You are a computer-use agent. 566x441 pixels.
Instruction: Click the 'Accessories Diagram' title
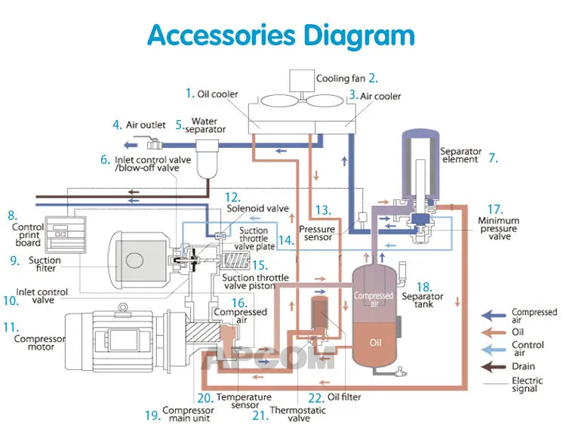tap(281, 35)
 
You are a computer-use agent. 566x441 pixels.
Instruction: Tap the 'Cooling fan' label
tap(341, 79)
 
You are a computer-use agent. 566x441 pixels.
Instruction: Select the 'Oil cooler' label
tap(217, 94)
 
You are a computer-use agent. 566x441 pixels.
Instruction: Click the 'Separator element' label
tap(460, 155)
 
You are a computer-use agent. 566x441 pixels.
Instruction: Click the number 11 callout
tap(10, 327)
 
